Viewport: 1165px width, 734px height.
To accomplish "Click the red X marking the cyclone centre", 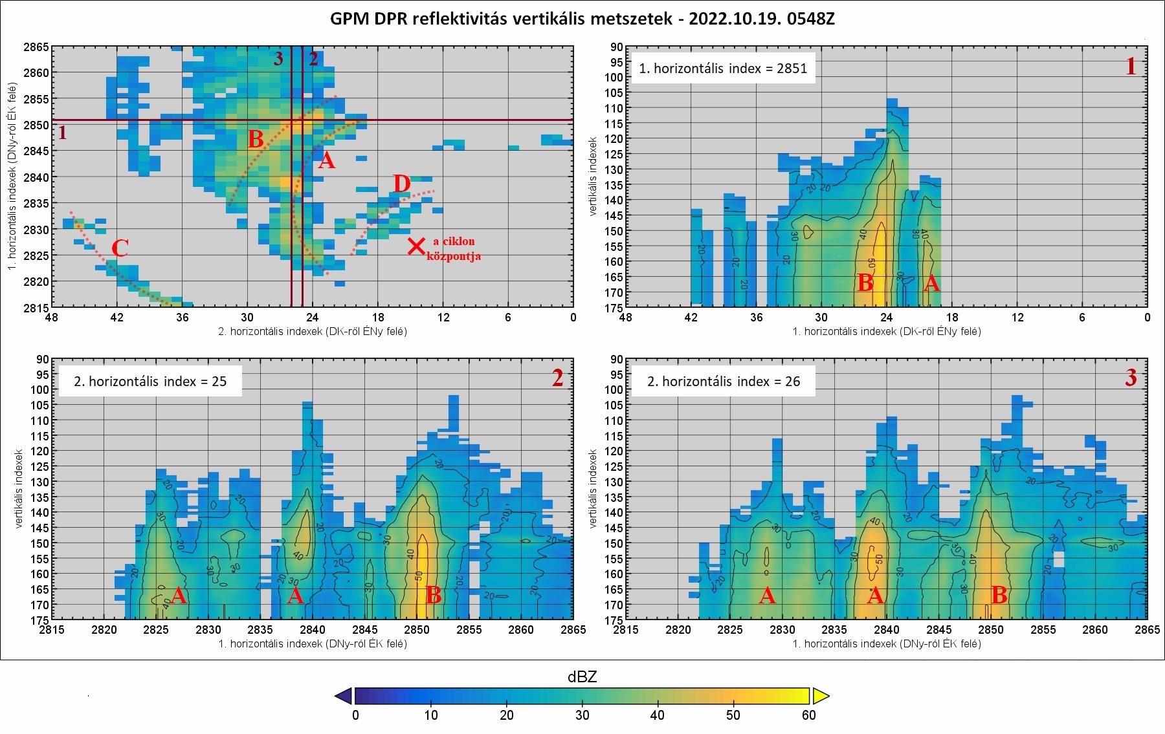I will (417, 246).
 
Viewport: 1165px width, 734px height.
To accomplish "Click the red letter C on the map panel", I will (120, 249).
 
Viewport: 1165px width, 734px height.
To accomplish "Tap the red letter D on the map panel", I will (401, 185).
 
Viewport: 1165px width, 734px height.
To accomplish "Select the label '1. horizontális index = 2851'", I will (723, 69).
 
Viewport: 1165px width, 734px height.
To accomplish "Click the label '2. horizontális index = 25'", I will (150, 381).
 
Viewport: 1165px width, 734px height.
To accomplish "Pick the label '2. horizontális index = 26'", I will (724, 382).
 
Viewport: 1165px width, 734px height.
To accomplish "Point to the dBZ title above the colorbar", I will (582, 677).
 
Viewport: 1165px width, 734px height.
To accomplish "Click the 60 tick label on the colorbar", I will (808, 715).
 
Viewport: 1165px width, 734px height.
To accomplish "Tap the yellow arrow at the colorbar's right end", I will (821, 696).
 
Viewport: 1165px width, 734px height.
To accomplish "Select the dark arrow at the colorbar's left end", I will (344, 696).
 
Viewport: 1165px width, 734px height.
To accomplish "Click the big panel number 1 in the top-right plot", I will (1131, 67).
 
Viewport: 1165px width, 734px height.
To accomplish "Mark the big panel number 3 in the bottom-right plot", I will (1131, 378).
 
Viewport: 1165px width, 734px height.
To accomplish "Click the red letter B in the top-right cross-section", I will (865, 283).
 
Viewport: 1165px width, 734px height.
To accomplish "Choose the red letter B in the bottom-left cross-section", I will (434, 596).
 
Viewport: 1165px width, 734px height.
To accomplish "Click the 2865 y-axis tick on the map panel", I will (37, 47).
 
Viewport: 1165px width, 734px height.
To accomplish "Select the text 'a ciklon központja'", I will (453, 248).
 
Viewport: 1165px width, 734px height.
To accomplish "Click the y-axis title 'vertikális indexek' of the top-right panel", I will (594, 175).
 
